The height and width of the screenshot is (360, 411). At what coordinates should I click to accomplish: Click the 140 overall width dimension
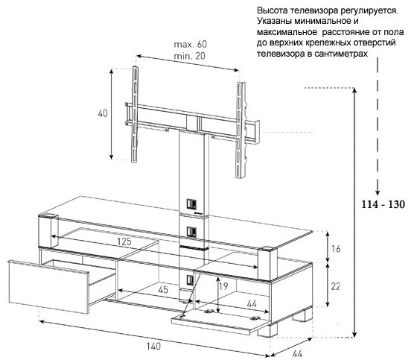[x=153, y=347]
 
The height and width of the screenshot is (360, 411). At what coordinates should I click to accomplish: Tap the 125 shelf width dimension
[x=124, y=241]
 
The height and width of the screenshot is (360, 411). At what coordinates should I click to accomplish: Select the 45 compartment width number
[x=163, y=290]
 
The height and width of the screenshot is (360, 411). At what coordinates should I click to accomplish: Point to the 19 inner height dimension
[x=223, y=286]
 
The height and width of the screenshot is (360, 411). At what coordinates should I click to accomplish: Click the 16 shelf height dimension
[x=336, y=248]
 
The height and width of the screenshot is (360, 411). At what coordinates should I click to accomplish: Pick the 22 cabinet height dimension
[x=336, y=286]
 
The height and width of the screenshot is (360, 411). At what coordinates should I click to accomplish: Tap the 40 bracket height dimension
[x=103, y=113]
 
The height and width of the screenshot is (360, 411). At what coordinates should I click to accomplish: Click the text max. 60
[x=191, y=44]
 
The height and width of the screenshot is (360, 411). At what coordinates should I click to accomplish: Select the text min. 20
[x=190, y=56]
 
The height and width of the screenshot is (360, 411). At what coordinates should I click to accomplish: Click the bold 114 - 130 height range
[x=383, y=204]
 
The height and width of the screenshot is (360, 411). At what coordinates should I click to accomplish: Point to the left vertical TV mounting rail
[x=135, y=114]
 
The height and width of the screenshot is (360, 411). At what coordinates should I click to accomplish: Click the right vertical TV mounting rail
[x=240, y=130]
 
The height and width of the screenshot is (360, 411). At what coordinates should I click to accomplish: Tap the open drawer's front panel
[x=48, y=286]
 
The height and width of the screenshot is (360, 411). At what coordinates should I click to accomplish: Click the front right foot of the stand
[x=267, y=330]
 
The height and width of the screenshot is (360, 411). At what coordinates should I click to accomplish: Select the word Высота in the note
[x=272, y=10]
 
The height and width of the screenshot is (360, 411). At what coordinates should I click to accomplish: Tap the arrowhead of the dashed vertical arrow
[x=377, y=192]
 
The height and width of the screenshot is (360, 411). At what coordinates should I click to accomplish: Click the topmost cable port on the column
[x=191, y=204]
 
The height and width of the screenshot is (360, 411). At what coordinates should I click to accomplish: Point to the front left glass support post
[x=48, y=231]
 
